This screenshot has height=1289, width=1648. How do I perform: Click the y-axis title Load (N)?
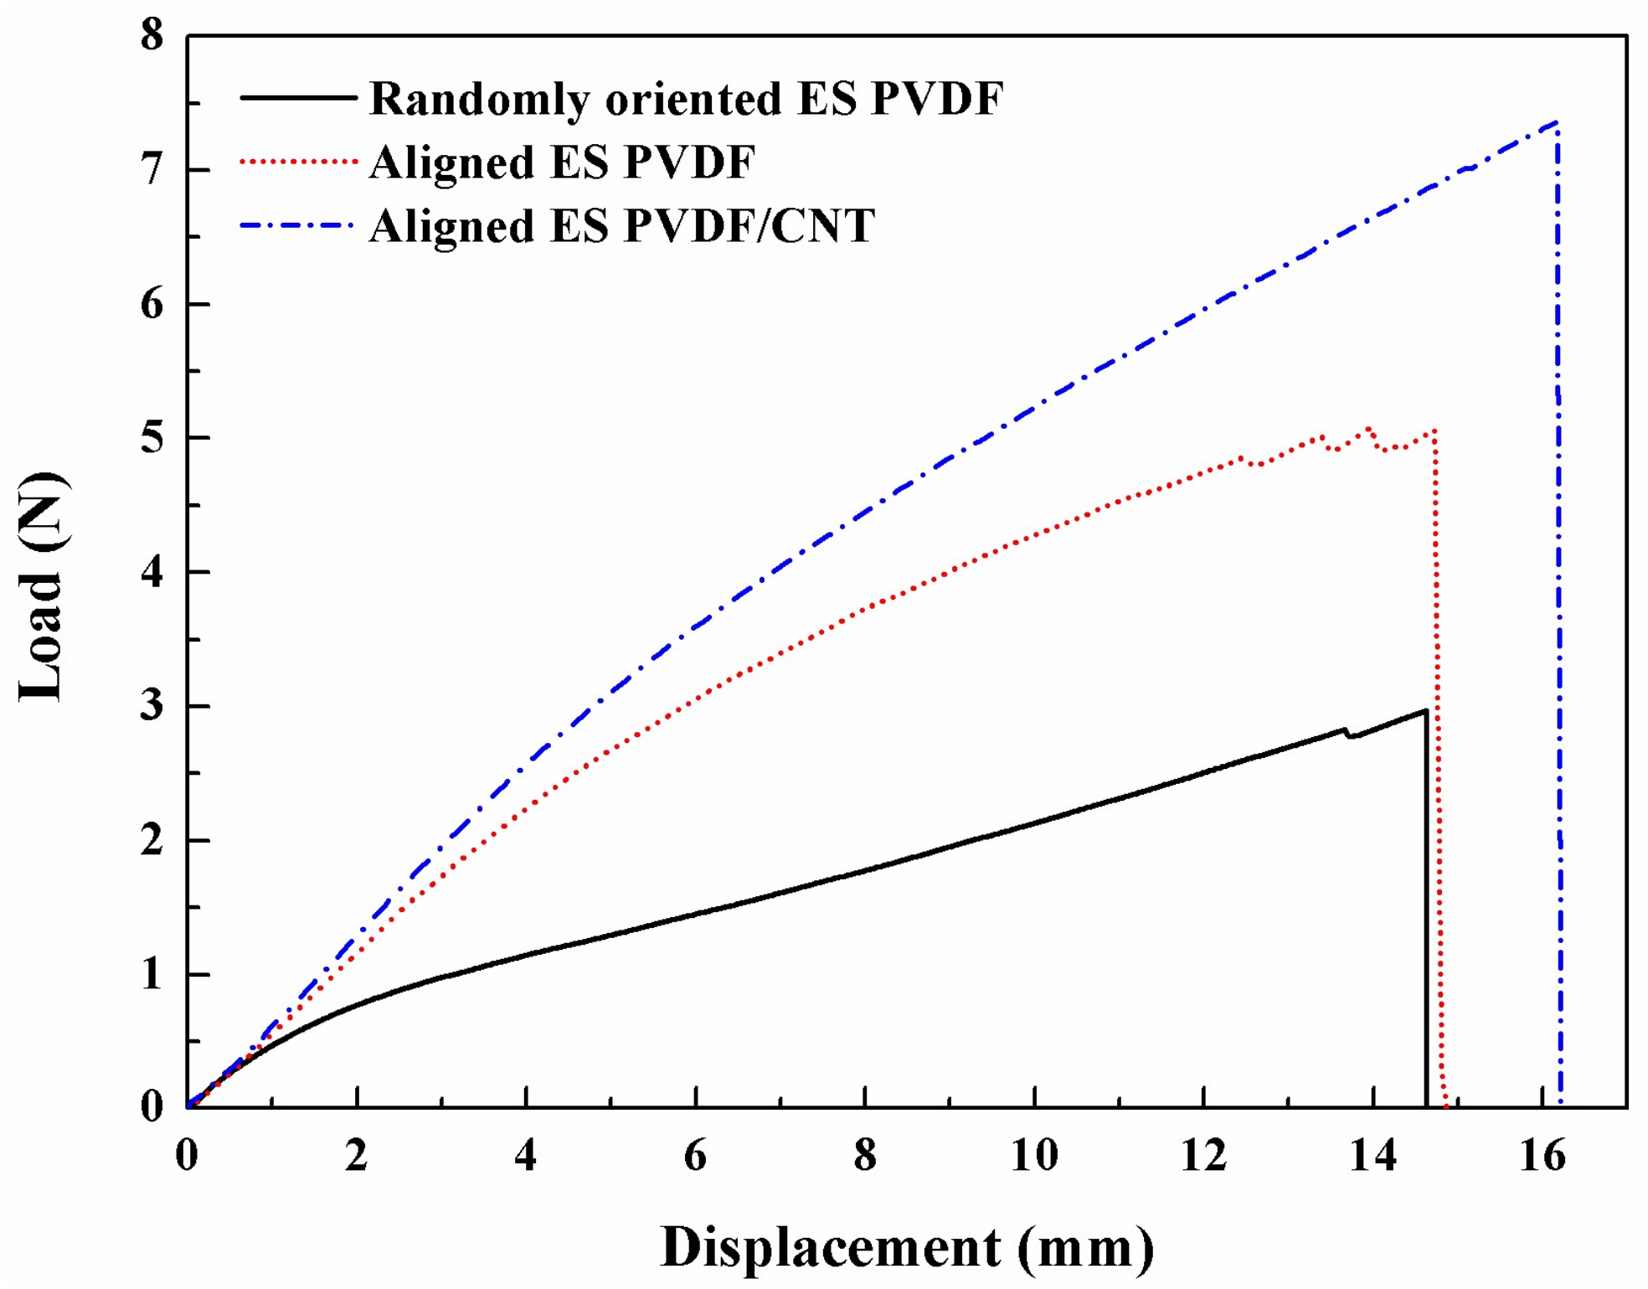click(x=42, y=587)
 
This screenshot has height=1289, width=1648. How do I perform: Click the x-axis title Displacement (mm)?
click(x=907, y=1249)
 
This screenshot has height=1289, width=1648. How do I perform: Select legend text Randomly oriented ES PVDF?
click(x=686, y=99)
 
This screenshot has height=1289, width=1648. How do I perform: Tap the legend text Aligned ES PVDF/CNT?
click(x=622, y=226)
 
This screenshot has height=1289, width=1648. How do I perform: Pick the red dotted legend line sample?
click(x=298, y=161)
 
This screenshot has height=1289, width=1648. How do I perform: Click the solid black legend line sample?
click(x=298, y=98)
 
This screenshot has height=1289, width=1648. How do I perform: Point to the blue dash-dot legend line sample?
click(x=298, y=225)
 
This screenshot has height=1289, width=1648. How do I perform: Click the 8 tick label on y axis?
click(x=152, y=36)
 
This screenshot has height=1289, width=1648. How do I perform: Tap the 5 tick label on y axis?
click(x=152, y=438)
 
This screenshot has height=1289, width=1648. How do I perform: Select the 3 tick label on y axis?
click(x=152, y=706)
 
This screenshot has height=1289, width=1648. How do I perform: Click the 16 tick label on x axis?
click(x=1542, y=1157)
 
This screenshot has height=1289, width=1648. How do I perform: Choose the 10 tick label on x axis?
click(x=1034, y=1157)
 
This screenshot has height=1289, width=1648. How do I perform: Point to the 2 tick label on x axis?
click(x=357, y=1157)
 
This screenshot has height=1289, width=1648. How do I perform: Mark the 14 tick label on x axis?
click(x=1372, y=1157)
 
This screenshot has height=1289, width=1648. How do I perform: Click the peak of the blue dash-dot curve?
click(x=1556, y=122)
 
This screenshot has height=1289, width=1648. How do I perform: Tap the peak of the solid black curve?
click(x=1425, y=711)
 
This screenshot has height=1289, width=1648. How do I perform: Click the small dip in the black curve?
click(x=1350, y=736)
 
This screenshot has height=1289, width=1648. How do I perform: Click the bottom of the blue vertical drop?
click(x=1560, y=1104)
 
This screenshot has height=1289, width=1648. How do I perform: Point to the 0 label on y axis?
click(x=152, y=1107)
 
